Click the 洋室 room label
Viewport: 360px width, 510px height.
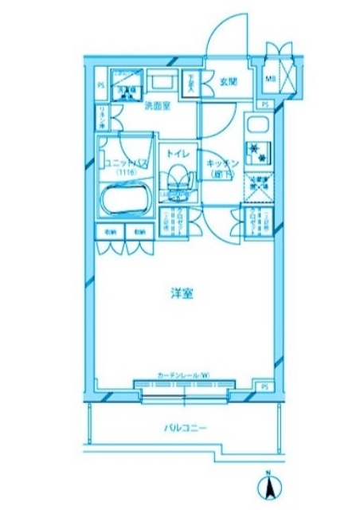pos(181,294)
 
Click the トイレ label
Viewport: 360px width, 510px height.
pos(176,148)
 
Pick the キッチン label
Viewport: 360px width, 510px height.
pos(218,165)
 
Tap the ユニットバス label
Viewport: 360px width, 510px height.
pos(123,163)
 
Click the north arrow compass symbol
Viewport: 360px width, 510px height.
pos(269,484)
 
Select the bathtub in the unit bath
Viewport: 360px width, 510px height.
pos(125,202)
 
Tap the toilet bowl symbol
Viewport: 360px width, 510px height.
pos(177,178)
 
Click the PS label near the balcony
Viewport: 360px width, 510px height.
pos(264,386)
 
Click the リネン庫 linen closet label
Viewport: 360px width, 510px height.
pos(102,119)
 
